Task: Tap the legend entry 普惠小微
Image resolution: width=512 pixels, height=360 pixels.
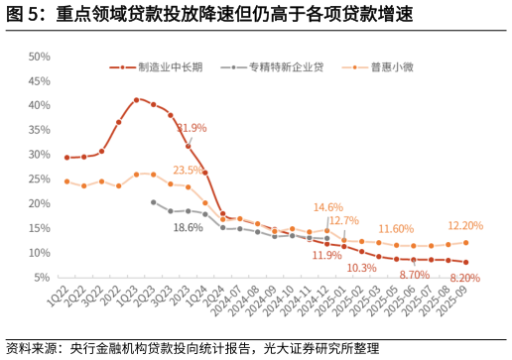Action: pos(394,67)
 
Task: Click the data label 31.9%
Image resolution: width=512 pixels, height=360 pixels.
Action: pos(192,128)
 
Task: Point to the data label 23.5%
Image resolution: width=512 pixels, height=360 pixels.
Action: pos(188,170)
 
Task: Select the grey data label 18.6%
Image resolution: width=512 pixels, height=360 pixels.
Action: pos(188,228)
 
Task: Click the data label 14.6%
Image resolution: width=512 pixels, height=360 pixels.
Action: pos(328,207)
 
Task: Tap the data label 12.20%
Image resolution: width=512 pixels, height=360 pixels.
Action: pos(465,226)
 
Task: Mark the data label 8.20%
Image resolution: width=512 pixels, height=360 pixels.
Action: pos(465,279)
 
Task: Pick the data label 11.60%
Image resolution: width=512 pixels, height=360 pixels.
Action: pos(396,229)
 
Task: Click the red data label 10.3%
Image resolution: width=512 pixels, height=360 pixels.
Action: pos(361,269)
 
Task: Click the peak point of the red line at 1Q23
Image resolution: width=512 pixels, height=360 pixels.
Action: pos(136,100)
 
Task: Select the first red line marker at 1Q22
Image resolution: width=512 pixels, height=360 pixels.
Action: pos(66,158)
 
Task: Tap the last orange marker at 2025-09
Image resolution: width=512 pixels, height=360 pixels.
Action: pos(465,242)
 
